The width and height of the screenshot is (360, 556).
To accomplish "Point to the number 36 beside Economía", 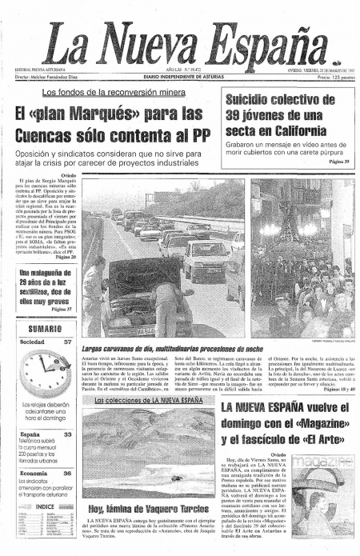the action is (x=66, y=474).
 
